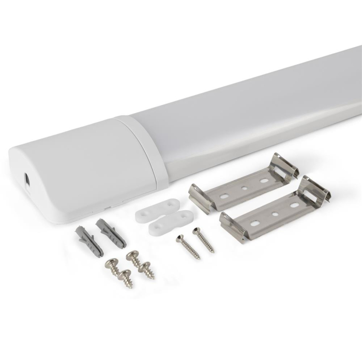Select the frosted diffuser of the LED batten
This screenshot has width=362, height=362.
pos(248,114)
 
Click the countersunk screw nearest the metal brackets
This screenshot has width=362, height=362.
pos(203,240)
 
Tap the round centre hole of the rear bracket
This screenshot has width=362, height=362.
pos(244,189)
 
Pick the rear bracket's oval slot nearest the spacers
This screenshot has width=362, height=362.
pos(223,197)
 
